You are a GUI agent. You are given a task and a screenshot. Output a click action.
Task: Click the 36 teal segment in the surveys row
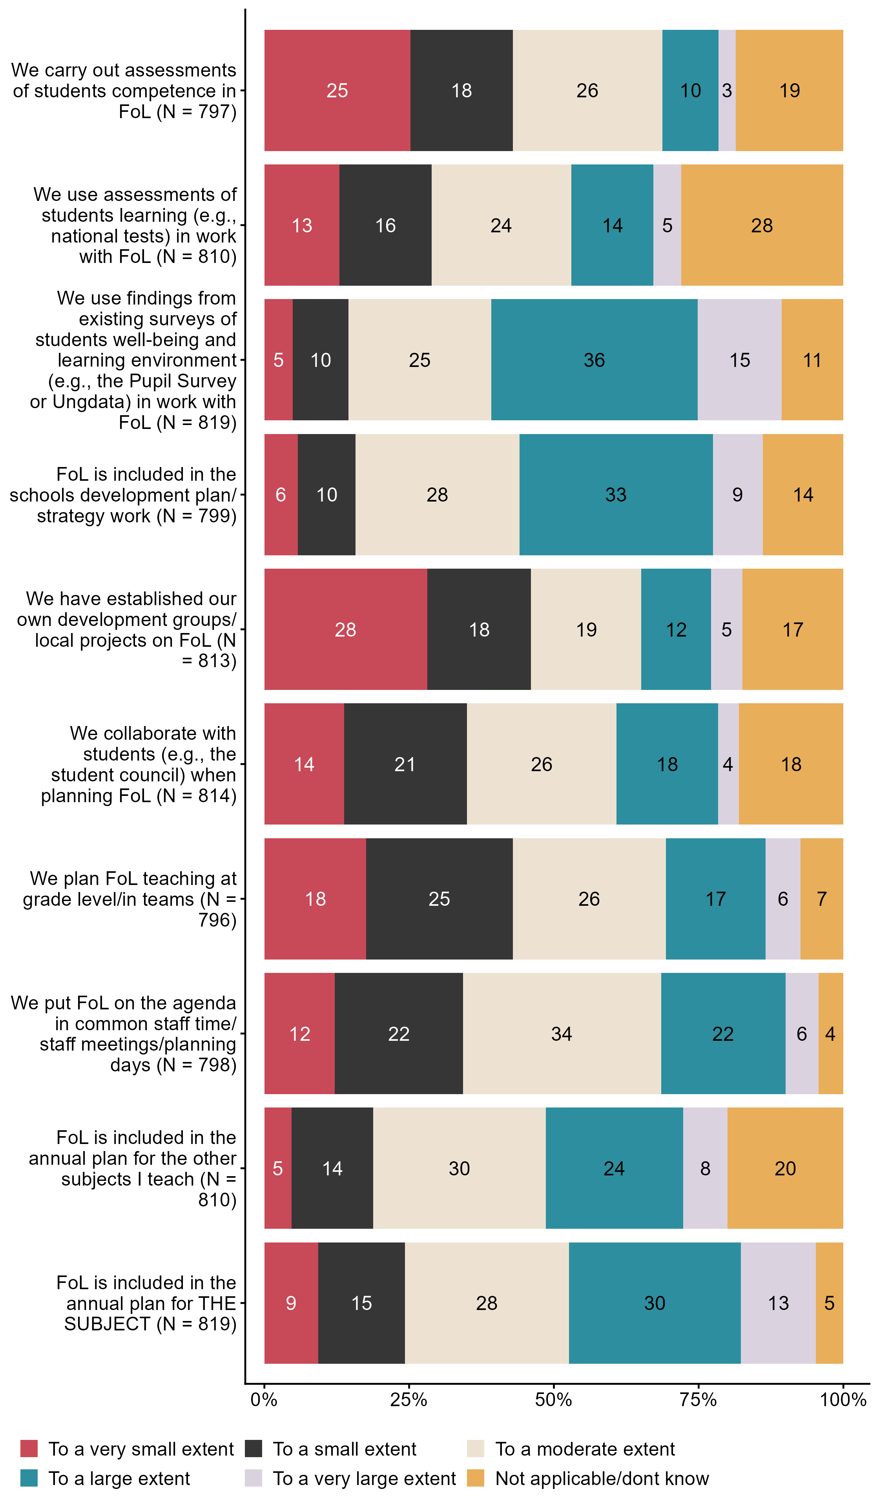[594, 359]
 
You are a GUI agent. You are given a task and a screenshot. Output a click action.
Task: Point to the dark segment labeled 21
[405, 764]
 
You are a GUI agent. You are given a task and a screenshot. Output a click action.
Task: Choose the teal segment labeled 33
[615, 494]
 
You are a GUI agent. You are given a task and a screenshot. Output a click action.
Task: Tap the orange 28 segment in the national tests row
[761, 225]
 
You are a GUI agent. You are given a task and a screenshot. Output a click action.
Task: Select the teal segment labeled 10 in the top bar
[690, 90]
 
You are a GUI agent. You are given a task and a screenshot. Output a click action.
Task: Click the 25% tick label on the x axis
[408, 1399]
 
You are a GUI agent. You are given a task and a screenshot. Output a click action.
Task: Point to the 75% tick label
[698, 1399]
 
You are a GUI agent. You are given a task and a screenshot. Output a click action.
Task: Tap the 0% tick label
[264, 1399]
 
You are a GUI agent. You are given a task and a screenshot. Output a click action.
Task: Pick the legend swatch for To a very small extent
[29, 1449]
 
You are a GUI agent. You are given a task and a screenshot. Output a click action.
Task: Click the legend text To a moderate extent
[584, 1449]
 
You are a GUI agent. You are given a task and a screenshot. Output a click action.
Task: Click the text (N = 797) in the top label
[196, 111]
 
